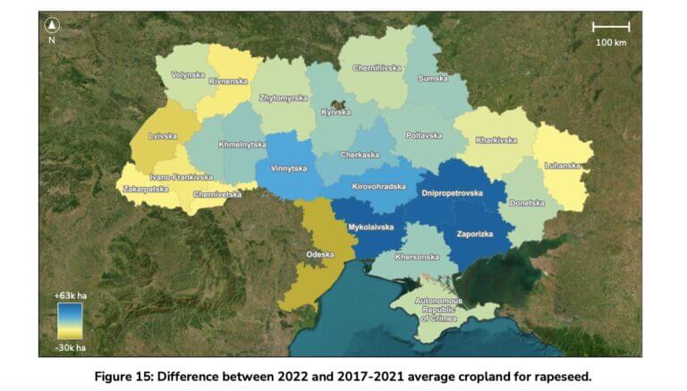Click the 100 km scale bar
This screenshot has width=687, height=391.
tap(611, 28)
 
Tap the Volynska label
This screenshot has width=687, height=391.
tap(188, 75)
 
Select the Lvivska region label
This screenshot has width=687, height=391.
tap(163, 137)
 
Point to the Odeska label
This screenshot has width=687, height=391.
tap(319, 254)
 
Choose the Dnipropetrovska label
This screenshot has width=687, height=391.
tap(452, 193)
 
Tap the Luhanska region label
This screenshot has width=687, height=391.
tap(563, 166)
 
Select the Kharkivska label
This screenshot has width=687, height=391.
tap(496, 140)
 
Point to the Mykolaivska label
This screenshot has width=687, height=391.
tap(371, 227)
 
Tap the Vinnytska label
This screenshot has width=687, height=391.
tap(289, 168)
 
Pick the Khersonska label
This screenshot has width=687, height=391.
tap(417, 257)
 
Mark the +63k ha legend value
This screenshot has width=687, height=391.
tap(69, 295)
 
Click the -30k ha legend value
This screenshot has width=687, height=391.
tap(69, 347)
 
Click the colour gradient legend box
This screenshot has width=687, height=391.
tap(70, 321)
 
